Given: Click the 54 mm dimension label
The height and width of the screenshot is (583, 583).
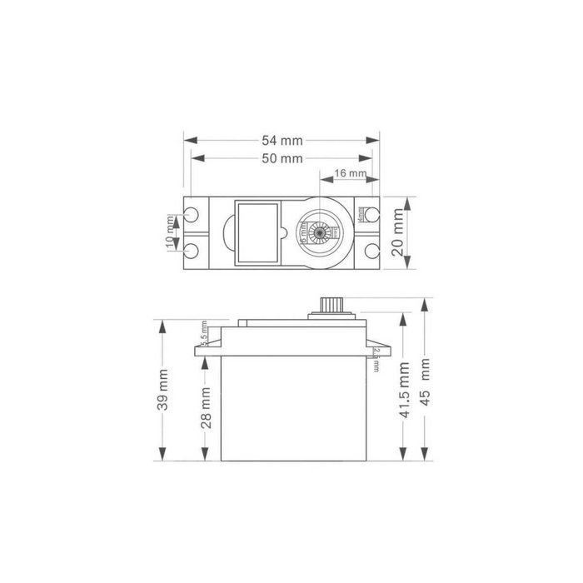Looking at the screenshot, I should tap(280, 141).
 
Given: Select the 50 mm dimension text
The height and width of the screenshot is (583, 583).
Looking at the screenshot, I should tap(280, 157).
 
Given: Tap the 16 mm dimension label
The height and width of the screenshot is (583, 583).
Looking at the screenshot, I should tap(349, 173).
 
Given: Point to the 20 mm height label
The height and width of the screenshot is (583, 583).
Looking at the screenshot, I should tap(397, 233).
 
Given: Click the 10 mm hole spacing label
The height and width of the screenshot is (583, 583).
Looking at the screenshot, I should tap(172, 232).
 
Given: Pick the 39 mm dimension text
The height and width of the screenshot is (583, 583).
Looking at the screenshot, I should tap(164, 390).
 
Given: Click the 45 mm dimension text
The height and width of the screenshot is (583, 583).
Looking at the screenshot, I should tap(426, 381).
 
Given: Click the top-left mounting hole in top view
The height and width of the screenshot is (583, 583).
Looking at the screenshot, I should tap(192, 214).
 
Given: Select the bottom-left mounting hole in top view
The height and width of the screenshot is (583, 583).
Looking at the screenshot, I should tap(192, 252).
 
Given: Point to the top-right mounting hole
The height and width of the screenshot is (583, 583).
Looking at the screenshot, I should tap(371, 214).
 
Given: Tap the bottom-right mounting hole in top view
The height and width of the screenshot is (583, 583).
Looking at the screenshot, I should tap(371, 252).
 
